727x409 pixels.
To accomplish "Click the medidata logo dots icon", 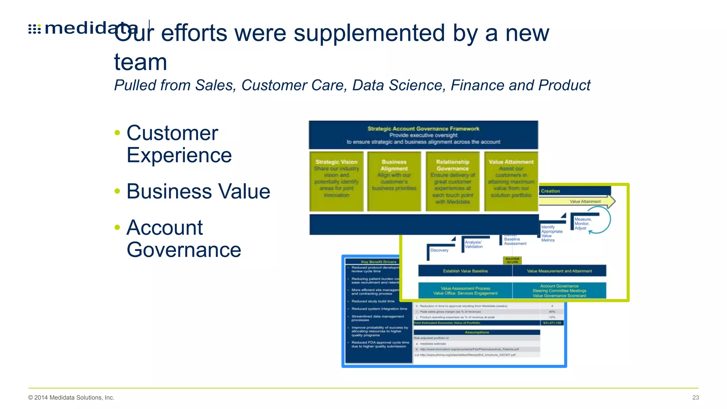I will click(x=34, y=29).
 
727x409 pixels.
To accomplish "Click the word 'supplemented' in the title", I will click(x=369, y=33).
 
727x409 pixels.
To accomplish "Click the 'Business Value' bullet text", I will click(x=198, y=191).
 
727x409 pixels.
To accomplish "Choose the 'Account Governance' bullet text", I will click(x=184, y=239).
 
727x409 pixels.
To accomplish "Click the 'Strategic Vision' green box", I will click(x=336, y=181).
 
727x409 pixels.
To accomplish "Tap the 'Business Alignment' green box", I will click(x=394, y=181).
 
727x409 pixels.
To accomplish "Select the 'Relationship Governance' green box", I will click(x=452, y=181).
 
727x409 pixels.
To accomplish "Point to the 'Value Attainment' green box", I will click(x=511, y=181).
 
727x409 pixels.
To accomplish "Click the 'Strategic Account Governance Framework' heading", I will click(x=423, y=129).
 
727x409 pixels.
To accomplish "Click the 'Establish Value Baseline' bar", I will click(x=465, y=271).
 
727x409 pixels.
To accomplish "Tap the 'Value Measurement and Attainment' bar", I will click(x=559, y=271).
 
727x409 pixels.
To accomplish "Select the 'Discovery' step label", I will click(x=439, y=250).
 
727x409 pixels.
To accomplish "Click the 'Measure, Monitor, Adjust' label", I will click(x=583, y=224).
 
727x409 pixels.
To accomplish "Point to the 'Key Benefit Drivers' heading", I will click(x=378, y=262).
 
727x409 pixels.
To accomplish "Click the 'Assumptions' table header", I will click(x=477, y=332).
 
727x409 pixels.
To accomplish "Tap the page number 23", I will click(x=695, y=398).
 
